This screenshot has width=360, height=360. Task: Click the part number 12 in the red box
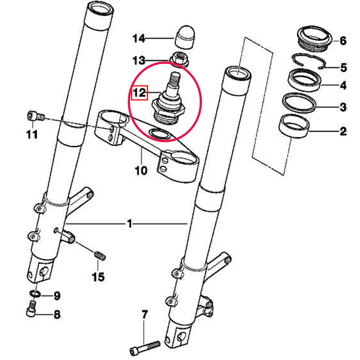pyautogui.click(x=139, y=93)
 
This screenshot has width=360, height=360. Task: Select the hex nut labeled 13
pyautogui.click(x=179, y=59)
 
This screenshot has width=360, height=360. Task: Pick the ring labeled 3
pyautogui.click(x=298, y=102)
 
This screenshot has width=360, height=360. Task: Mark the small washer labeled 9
pyautogui.click(x=35, y=294)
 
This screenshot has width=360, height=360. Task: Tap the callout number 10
pyautogui.click(x=141, y=170)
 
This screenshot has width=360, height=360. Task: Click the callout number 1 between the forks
pyautogui.click(x=129, y=224)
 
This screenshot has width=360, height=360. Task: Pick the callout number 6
pyautogui.click(x=343, y=41)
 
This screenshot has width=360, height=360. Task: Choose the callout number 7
pyautogui.click(x=144, y=316)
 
